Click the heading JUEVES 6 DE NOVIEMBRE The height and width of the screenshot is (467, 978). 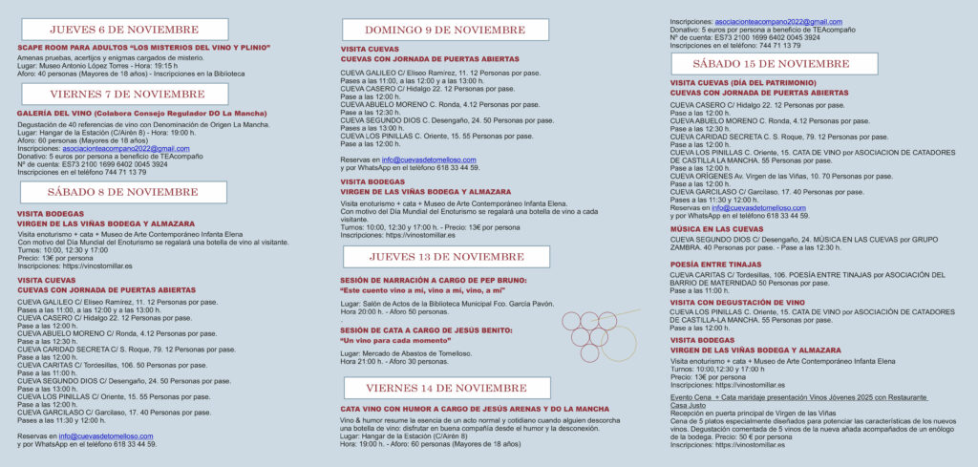124,30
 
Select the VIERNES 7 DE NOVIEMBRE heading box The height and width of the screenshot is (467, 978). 124,95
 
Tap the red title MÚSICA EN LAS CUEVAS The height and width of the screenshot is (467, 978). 716,229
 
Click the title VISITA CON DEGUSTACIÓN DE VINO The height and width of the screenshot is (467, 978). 736,302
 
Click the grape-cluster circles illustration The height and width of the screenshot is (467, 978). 600,333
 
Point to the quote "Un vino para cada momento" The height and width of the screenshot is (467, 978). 394,341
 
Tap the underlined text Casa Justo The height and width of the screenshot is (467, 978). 689,404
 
